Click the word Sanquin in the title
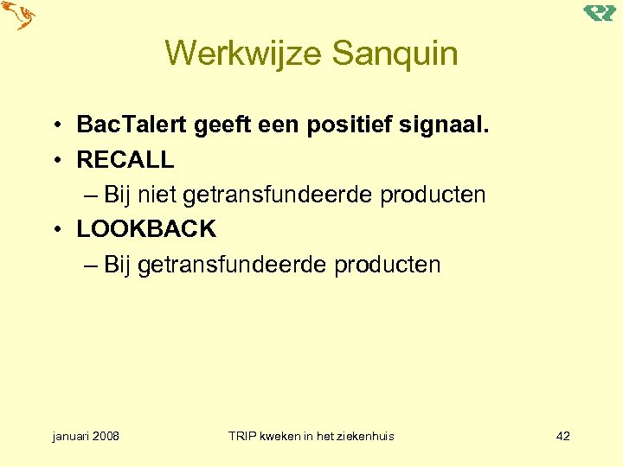[393, 54]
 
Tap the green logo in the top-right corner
[599, 12]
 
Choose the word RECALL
[125, 160]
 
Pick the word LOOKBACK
[146, 229]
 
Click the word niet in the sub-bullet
[153, 195]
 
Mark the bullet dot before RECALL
[54, 161]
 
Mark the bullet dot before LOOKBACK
[54, 230]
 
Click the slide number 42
[562, 436]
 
